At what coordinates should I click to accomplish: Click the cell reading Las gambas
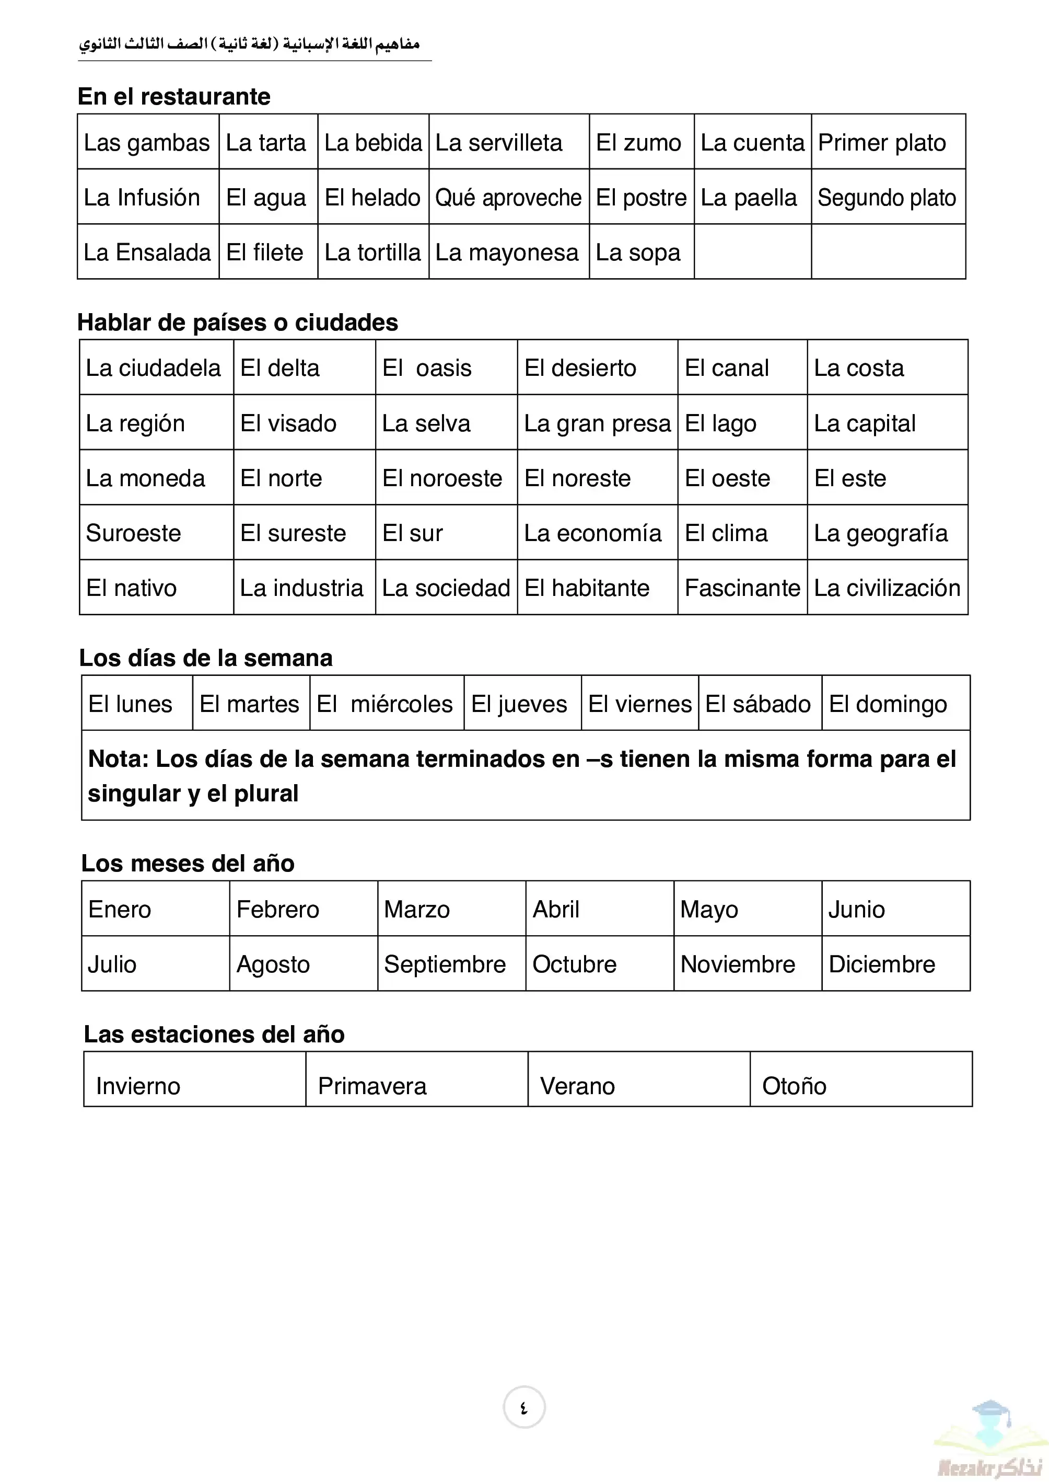coord(147,143)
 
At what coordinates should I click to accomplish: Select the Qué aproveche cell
coord(508,198)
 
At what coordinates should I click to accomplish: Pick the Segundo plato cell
coord(887,198)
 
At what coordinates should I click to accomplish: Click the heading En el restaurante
coord(174,97)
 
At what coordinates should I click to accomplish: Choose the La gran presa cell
coord(597,423)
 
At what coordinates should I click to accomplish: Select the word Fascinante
coord(742,588)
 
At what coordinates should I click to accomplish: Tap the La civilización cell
coord(887,588)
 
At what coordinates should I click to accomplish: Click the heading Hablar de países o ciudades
coord(238,323)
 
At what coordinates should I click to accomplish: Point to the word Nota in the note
coord(118,760)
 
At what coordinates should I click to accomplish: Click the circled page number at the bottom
coord(524,1408)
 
